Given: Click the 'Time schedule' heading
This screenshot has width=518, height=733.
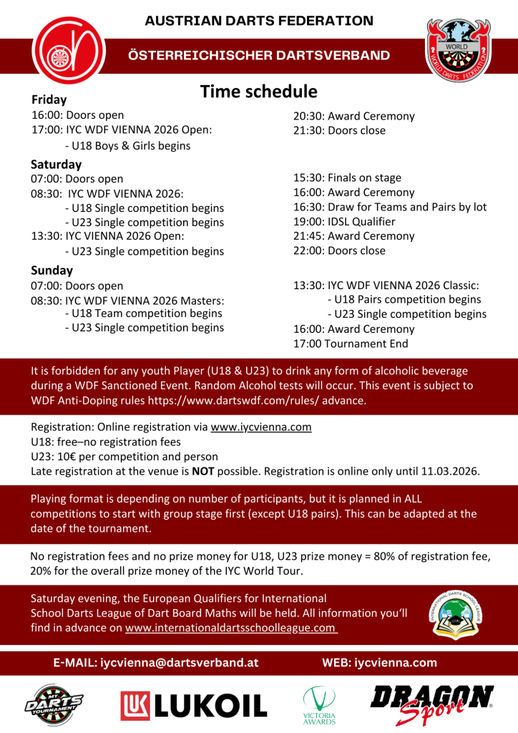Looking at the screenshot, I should pyautogui.click(x=258, y=92).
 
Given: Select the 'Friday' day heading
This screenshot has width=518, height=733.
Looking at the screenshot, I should pyautogui.click(x=49, y=99).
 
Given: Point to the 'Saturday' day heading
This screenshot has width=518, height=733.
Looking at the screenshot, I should pyautogui.click(x=56, y=164).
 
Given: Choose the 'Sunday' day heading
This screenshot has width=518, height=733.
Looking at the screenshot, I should pyautogui.click(x=52, y=270).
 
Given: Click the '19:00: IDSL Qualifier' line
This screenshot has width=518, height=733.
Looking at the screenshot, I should pyautogui.click(x=344, y=221).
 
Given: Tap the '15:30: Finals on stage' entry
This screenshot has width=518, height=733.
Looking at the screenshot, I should pyautogui.click(x=347, y=178).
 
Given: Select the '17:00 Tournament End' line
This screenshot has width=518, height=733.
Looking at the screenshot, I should pyautogui.click(x=351, y=344).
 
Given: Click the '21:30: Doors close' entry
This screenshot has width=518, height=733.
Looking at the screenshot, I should pyautogui.click(x=339, y=130).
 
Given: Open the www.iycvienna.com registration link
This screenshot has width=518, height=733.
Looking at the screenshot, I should pyautogui.click(x=261, y=427).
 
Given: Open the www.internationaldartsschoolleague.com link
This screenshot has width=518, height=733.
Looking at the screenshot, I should pyautogui.click(x=230, y=628).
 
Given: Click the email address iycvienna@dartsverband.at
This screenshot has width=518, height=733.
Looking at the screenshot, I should pyautogui.click(x=179, y=663).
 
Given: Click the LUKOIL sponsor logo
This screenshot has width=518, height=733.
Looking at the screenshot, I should pyautogui.click(x=193, y=705).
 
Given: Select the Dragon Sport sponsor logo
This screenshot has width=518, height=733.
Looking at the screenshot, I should pyautogui.click(x=431, y=704).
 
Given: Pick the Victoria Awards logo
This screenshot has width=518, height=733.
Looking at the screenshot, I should pyautogui.click(x=319, y=705).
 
